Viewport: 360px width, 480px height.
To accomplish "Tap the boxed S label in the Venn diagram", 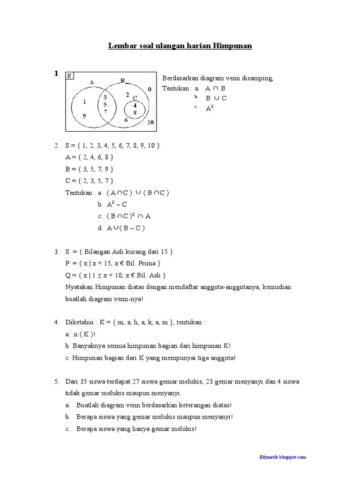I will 69,75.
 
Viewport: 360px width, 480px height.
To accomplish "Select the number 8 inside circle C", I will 135,112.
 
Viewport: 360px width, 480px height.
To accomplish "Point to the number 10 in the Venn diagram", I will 150,123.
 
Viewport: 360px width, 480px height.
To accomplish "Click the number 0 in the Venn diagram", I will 150,89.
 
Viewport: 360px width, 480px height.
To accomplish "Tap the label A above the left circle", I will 92,82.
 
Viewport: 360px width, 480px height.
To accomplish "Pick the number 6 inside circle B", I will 126,120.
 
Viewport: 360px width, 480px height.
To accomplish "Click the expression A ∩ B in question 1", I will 216,88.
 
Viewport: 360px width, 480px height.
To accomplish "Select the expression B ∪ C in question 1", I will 216,98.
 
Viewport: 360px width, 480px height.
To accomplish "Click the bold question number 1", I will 56,74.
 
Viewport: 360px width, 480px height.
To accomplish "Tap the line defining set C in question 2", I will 90,180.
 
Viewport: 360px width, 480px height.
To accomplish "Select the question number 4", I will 56,322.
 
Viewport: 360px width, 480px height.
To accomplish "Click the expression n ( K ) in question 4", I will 82,334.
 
